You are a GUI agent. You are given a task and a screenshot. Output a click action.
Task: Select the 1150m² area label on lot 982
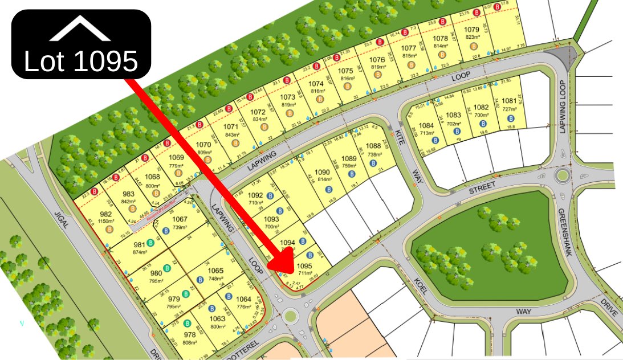106,220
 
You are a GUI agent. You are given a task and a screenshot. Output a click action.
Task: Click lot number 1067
180,219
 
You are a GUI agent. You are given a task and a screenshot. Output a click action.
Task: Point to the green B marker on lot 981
150,243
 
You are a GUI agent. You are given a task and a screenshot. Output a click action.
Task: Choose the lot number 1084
426,126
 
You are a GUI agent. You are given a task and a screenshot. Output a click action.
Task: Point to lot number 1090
323,172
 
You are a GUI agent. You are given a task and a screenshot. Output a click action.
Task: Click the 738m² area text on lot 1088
373,154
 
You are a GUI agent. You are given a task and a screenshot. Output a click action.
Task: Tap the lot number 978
190,335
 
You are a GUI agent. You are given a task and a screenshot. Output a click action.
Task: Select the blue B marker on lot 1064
228,296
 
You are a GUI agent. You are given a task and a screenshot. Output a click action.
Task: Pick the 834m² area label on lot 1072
258,119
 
